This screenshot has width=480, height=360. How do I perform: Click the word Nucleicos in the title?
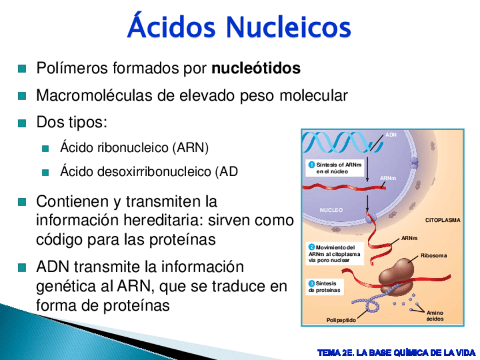click(x=288, y=27)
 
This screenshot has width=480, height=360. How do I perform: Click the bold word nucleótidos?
click(x=256, y=68)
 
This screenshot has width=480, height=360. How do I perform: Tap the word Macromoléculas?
click(x=95, y=95)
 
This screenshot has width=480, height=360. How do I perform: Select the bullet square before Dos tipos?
click(x=22, y=123)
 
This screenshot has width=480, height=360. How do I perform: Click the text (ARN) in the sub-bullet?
click(x=190, y=148)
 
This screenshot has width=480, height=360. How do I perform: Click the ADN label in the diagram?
click(x=391, y=135)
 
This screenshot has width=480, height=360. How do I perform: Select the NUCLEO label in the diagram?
click(x=331, y=210)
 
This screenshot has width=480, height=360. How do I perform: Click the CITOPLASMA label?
click(x=443, y=220)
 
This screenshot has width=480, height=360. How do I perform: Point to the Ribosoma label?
click(x=434, y=255)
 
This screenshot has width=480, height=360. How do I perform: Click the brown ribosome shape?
click(x=396, y=277)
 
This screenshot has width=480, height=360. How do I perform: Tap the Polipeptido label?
click(x=341, y=320)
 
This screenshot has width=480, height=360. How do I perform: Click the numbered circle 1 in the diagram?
click(x=312, y=165)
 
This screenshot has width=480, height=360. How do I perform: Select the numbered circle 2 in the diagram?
click(x=312, y=247)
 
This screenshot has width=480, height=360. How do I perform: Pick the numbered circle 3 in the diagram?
click(x=312, y=284)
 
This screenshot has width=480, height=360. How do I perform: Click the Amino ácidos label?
click(x=435, y=316)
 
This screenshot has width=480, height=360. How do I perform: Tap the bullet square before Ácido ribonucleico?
click(x=45, y=149)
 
